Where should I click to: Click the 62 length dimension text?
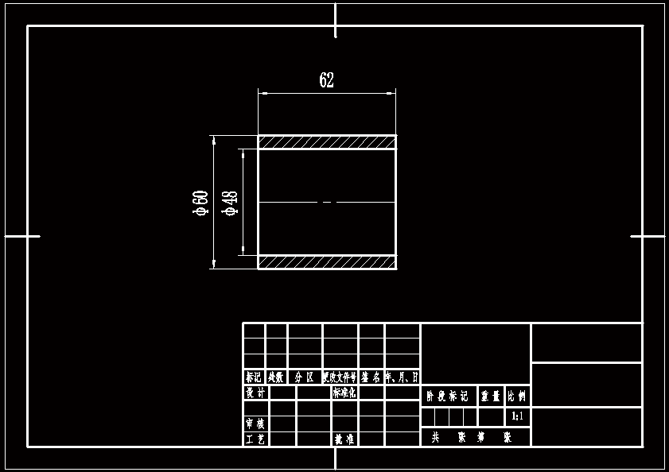(326, 80)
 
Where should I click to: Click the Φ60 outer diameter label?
(200, 203)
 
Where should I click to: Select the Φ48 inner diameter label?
(231, 203)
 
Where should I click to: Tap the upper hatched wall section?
(326, 142)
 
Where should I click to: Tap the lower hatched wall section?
(326, 261)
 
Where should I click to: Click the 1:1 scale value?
(517, 416)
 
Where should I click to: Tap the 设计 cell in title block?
(255, 393)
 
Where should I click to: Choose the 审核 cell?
(255, 423)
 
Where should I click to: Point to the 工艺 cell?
(255, 439)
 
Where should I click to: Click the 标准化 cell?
(344, 393)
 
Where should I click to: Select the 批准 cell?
(344, 439)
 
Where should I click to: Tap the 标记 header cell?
(254, 377)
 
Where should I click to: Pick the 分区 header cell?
(305, 377)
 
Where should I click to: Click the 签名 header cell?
(371, 377)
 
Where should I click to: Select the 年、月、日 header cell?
(403, 377)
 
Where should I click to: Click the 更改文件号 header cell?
(340, 377)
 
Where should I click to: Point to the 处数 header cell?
(276, 377)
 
